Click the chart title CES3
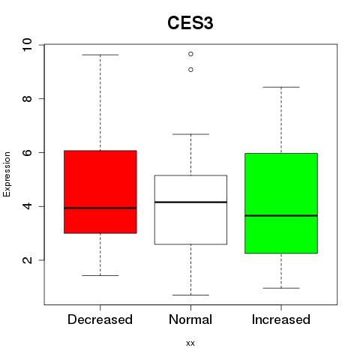[x=190, y=23]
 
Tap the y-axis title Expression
[x=7, y=174]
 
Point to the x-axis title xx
[x=190, y=343]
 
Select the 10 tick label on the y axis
[x=27, y=45]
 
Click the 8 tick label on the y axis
[x=27, y=99]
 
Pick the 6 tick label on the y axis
[x=27, y=152]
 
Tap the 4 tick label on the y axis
[x=27, y=206]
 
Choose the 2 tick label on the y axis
[x=27, y=260]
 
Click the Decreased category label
[x=100, y=319]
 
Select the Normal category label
[x=190, y=319]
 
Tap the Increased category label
[x=281, y=319]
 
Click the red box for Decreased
[x=100, y=192]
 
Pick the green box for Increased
[x=281, y=203]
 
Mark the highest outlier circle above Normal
[x=190, y=54]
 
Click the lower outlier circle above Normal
[x=190, y=70]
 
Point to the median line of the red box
[x=100, y=208]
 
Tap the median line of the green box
[x=281, y=215]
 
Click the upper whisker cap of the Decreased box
[x=100, y=55]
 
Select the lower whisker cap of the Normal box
[x=190, y=295]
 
